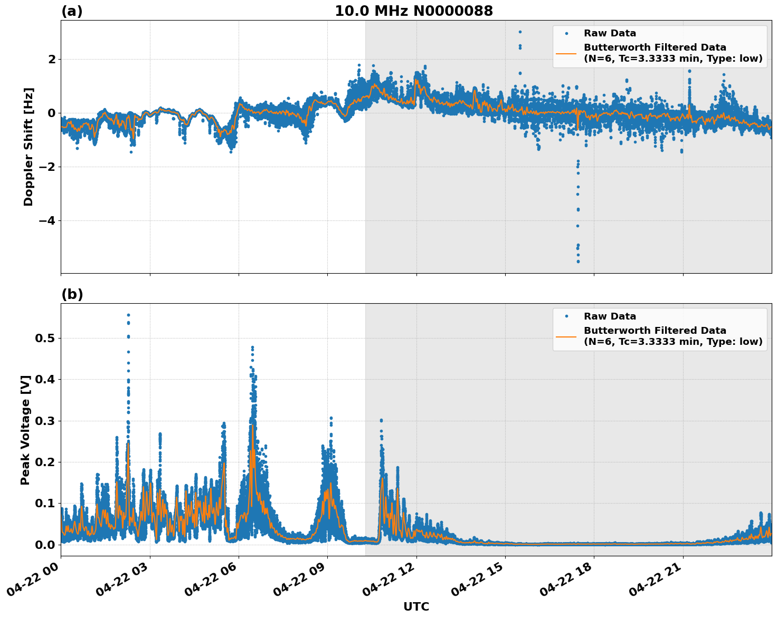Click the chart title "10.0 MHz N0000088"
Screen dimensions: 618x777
pyautogui.click(x=414, y=11)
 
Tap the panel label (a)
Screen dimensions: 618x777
pyautogui.click(x=72, y=11)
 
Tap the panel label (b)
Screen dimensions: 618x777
pyautogui.click(x=72, y=294)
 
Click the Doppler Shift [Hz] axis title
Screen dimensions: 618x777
pyautogui.click(x=29, y=147)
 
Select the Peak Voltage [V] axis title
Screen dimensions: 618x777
pyautogui.click(x=25, y=430)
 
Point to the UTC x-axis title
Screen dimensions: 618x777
pyautogui.click(x=416, y=606)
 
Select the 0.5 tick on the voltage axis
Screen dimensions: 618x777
pyautogui.click(x=45, y=338)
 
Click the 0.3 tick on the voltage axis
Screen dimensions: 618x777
pyautogui.click(x=45, y=421)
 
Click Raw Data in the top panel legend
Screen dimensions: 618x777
pyautogui.click(x=610, y=33)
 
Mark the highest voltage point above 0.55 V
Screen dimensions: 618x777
pyautogui.click(x=128, y=315)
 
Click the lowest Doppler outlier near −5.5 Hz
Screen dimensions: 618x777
pyautogui.click(x=578, y=261)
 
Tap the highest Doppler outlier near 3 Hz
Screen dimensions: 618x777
pyautogui.click(x=520, y=32)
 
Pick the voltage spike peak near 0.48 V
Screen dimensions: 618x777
pyautogui.click(x=252, y=347)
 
